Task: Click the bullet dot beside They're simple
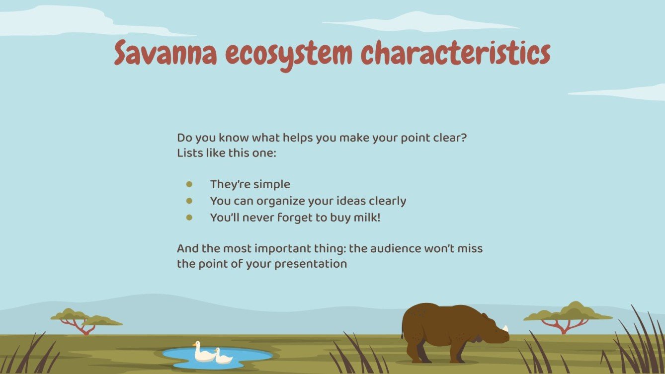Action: pyautogui.click(x=189, y=184)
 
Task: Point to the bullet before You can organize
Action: pyautogui.click(x=189, y=201)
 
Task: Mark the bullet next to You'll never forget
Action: pyautogui.click(x=189, y=218)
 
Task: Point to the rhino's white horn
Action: pyautogui.click(x=505, y=328)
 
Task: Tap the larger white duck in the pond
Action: pyautogui.click(x=203, y=352)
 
